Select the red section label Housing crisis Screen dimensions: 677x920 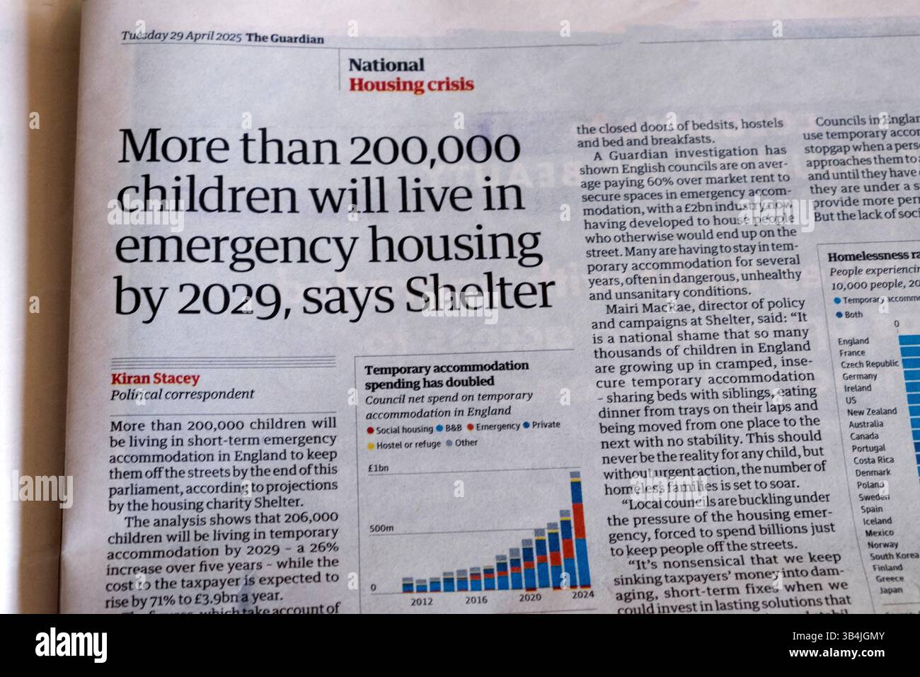point(410,85)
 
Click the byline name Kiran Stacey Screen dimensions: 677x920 point(155,379)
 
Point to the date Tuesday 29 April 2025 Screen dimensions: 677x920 point(180,37)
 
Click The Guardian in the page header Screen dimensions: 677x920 point(284,38)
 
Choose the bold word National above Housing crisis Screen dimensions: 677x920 point(386,65)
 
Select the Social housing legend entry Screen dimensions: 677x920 point(400,429)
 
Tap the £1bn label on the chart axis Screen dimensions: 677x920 point(376,468)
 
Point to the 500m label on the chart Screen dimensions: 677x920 point(381,528)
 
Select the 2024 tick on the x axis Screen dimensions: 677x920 point(582,594)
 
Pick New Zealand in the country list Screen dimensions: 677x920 point(871,411)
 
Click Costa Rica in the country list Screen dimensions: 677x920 point(873,460)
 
